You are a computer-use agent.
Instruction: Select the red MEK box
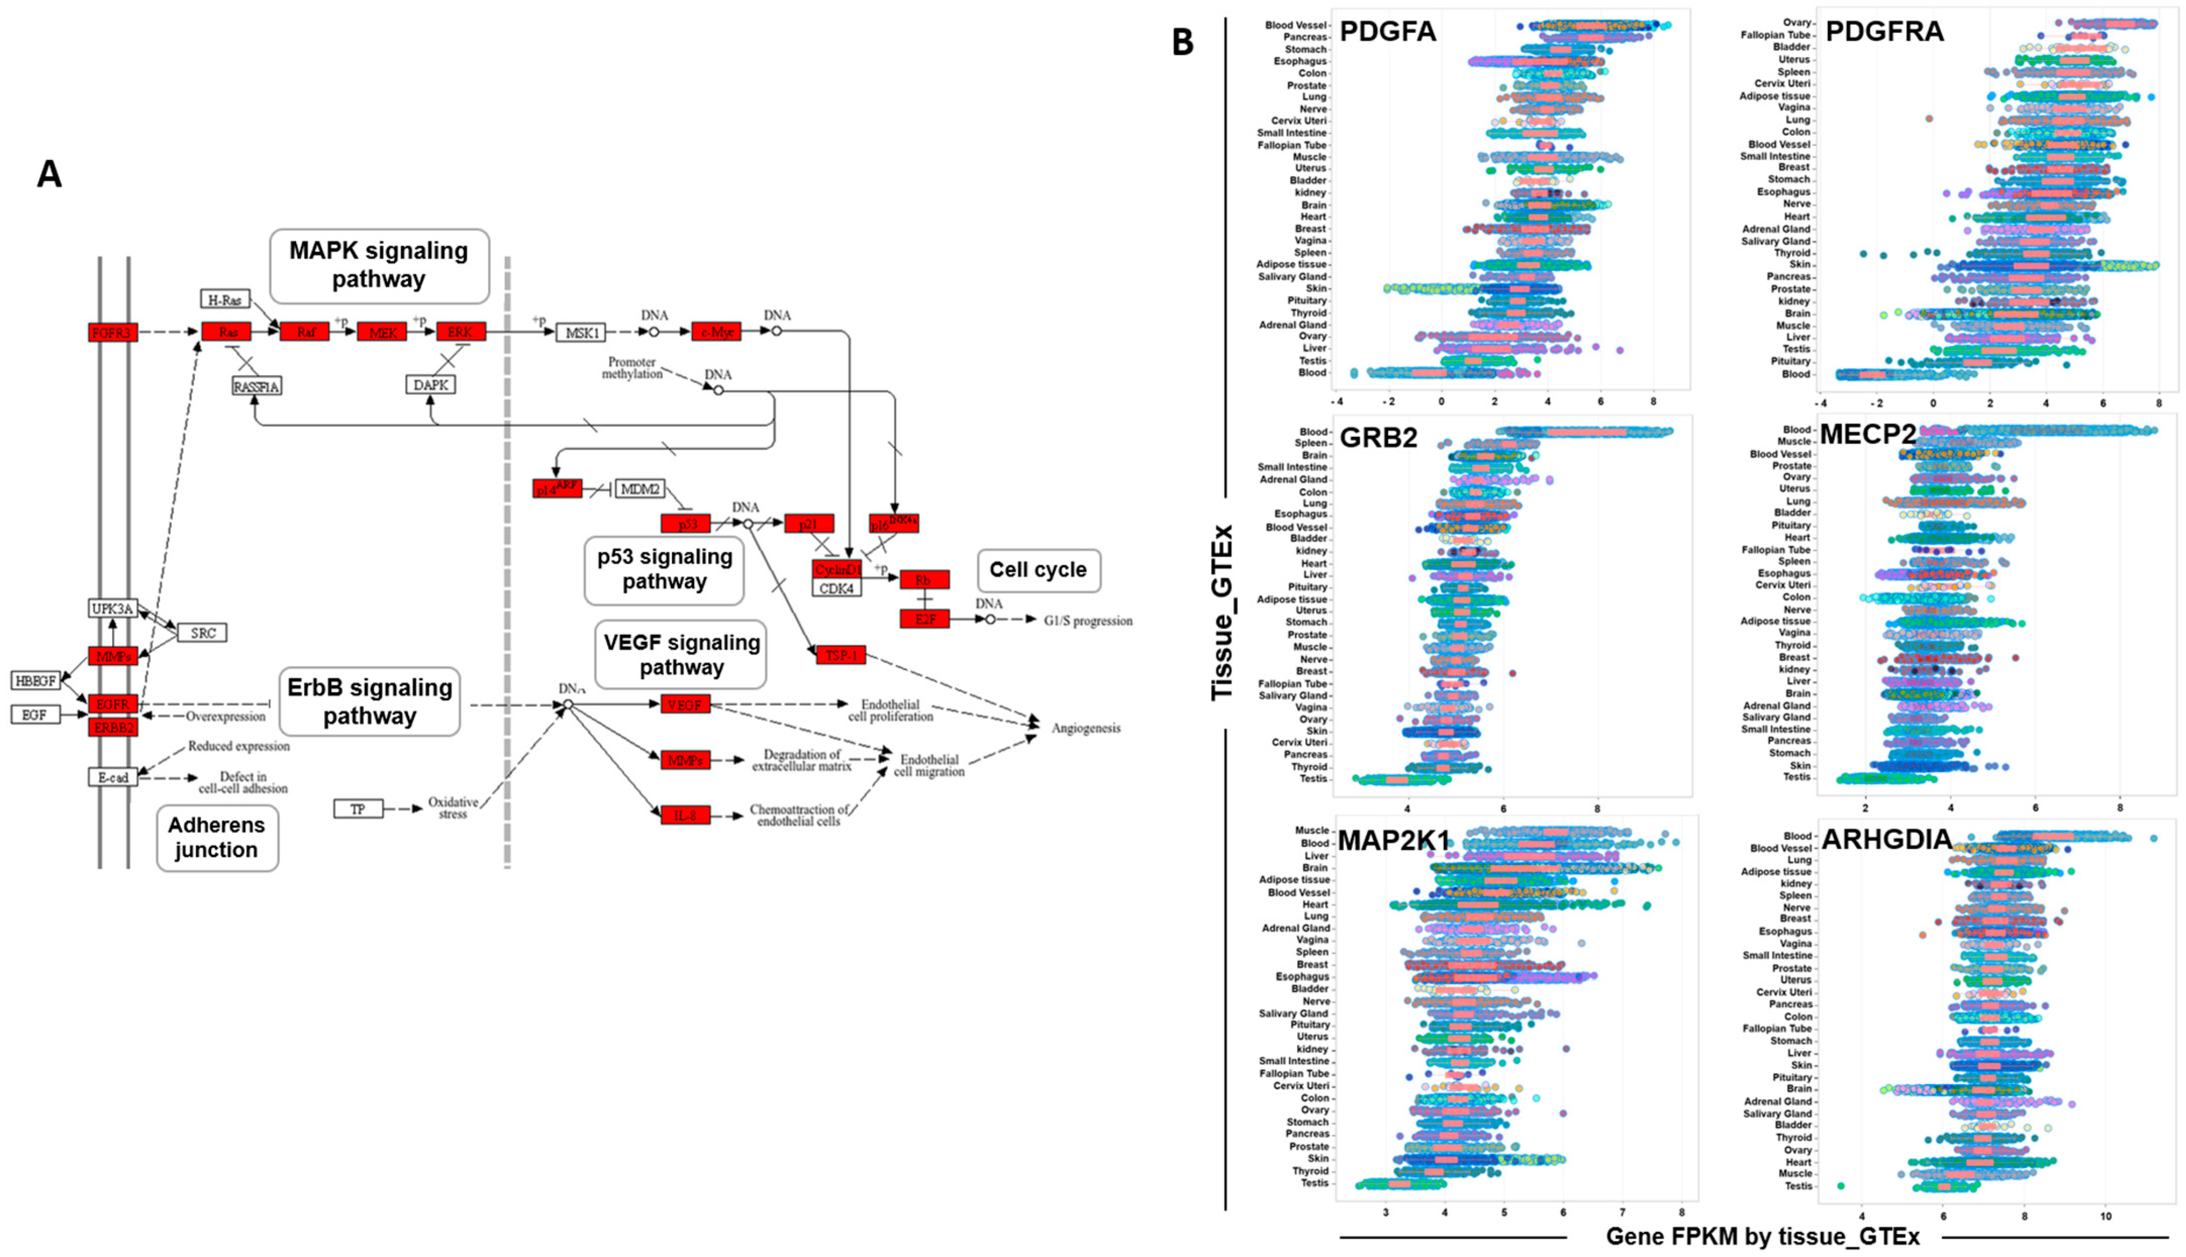pyautogui.click(x=381, y=331)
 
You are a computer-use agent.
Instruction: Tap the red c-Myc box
pyautogui.click(x=716, y=331)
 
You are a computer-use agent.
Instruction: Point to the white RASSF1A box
pyautogui.click(x=256, y=386)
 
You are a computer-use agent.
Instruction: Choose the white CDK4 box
pyautogui.click(x=836, y=589)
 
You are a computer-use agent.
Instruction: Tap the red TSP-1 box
pyautogui.click(x=840, y=655)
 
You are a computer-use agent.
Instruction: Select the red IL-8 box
pyautogui.click(x=685, y=815)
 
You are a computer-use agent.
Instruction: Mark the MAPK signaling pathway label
pyautogui.click(x=379, y=265)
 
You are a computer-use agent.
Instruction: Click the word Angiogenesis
pyautogui.click(x=1085, y=728)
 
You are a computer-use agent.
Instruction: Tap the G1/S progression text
pyautogui.click(x=1087, y=621)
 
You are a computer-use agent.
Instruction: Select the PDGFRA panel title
pyautogui.click(x=1884, y=32)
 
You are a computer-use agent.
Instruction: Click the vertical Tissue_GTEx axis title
pyautogui.click(x=1221, y=613)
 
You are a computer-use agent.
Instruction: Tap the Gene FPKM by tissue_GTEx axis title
pyautogui.click(x=1762, y=1236)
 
